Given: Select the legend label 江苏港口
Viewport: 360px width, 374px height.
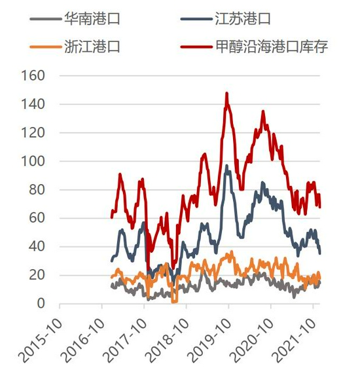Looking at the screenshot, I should coord(243,18).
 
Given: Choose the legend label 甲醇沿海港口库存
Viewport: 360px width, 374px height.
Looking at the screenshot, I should coord(271,47).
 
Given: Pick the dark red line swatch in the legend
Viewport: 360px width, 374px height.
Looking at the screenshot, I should coord(196,47).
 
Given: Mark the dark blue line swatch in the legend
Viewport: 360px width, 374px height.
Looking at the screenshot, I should coord(196,19).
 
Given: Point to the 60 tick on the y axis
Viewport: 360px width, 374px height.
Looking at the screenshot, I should coord(37,218).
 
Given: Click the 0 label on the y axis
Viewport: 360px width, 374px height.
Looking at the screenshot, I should coord(41,304).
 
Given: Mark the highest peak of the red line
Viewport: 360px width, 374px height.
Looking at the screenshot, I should coord(226,94).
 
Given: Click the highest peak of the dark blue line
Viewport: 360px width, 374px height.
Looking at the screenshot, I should coord(226,166).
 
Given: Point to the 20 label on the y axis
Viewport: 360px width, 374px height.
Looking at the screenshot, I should coord(37,275).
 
